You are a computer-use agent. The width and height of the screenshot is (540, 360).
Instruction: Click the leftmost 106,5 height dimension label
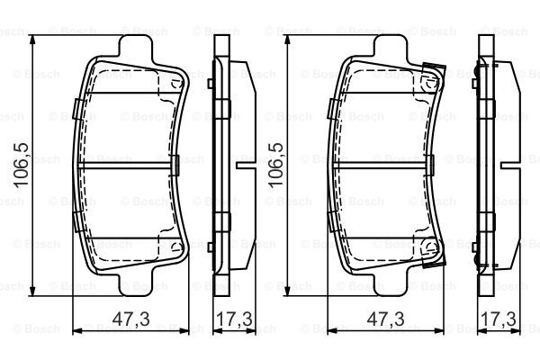tap(21, 165)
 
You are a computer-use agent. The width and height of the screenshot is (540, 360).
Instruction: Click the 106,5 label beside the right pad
tap(276, 165)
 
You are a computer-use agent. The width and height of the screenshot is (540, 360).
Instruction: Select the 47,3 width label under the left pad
tap(131, 319)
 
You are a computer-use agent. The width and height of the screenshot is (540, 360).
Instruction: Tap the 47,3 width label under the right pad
tap(386, 319)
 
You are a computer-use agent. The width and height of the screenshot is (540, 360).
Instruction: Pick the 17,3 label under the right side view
tap(499, 319)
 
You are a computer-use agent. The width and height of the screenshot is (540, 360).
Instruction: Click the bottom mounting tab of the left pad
tap(135, 285)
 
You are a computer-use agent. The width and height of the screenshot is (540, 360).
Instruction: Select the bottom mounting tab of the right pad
tap(391, 285)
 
